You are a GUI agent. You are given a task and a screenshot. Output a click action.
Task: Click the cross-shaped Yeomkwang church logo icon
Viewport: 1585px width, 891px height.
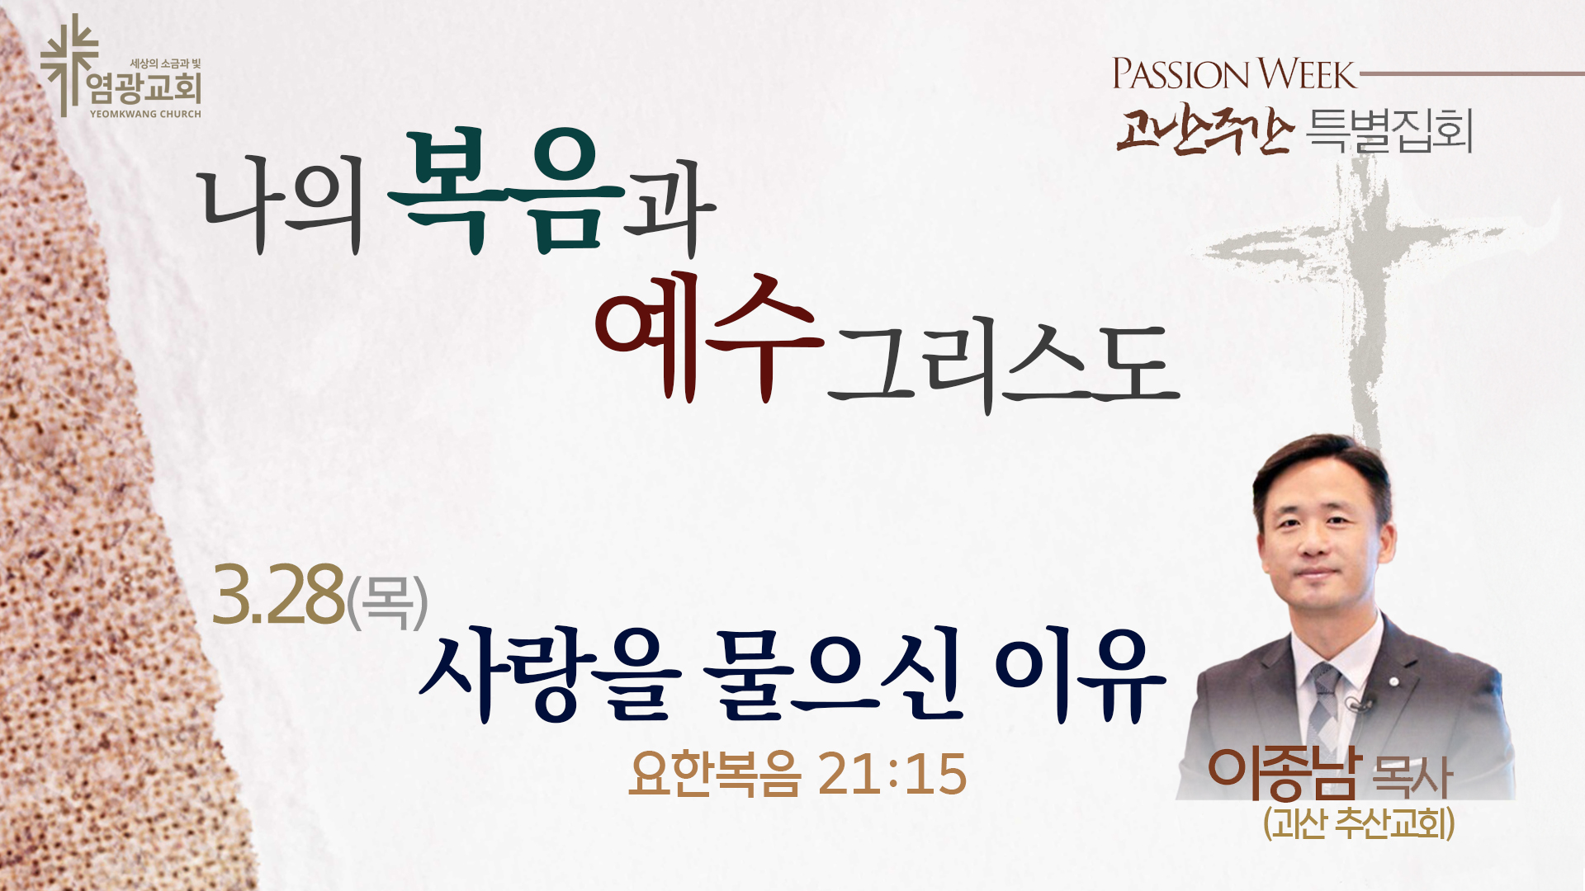[69, 64]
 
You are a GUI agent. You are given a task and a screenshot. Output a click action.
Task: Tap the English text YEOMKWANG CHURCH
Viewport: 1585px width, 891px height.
[145, 114]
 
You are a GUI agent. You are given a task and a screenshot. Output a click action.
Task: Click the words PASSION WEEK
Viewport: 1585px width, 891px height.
[1234, 73]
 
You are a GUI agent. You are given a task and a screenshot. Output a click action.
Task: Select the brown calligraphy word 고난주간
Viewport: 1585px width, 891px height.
[1203, 130]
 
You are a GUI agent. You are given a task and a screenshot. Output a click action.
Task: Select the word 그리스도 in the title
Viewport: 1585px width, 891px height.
[1004, 367]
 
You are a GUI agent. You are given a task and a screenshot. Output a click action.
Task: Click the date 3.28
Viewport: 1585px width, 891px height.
[277, 595]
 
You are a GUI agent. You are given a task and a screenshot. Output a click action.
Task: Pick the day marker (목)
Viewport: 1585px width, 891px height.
[387, 601]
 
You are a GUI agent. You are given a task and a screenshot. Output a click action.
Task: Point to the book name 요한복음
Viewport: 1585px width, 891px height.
[715, 774]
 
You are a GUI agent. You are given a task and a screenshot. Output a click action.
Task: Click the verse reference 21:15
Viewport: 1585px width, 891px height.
[892, 775]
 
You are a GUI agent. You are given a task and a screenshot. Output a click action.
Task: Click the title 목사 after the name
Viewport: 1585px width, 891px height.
[1412, 777]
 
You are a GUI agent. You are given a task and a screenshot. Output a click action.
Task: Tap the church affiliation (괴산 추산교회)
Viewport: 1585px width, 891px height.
[1359, 823]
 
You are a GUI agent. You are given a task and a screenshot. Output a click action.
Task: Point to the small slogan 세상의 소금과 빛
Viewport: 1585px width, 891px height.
[165, 64]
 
